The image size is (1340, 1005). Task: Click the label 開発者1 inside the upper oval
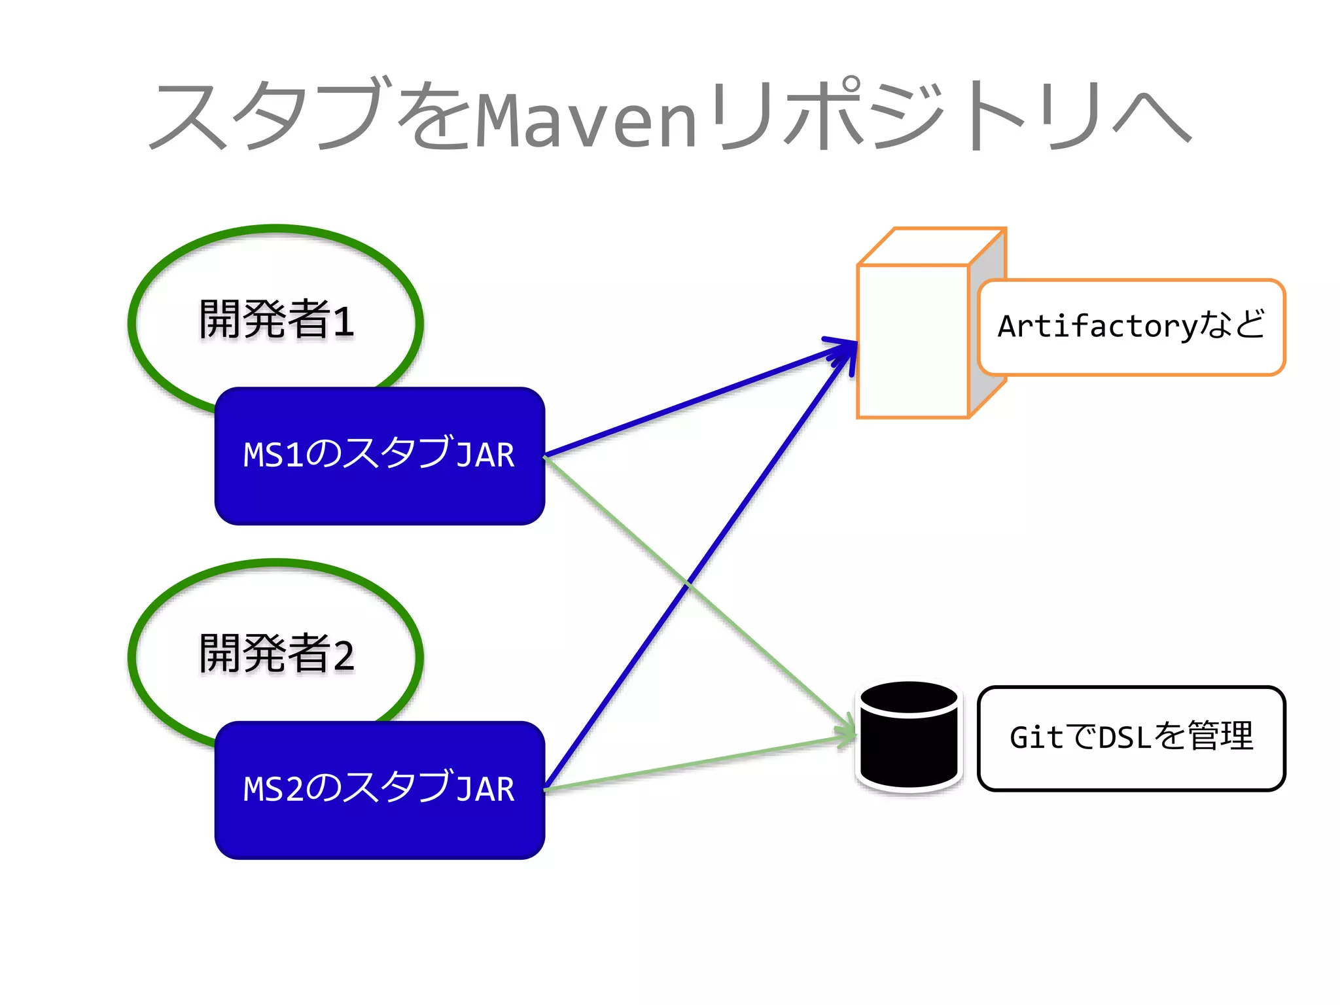(x=276, y=320)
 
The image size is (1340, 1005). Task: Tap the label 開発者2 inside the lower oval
(x=276, y=654)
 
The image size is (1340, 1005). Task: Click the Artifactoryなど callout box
(x=1131, y=327)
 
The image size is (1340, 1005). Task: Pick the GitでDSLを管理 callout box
(x=1131, y=738)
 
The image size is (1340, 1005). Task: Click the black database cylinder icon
(x=909, y=736)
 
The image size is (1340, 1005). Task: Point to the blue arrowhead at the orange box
(x=847, y=347)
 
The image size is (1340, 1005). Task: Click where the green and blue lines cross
(x=687, y=582)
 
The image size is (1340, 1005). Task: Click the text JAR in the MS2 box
(x=485, y=789)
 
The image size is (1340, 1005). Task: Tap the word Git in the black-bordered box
(x=1036, y=738)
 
